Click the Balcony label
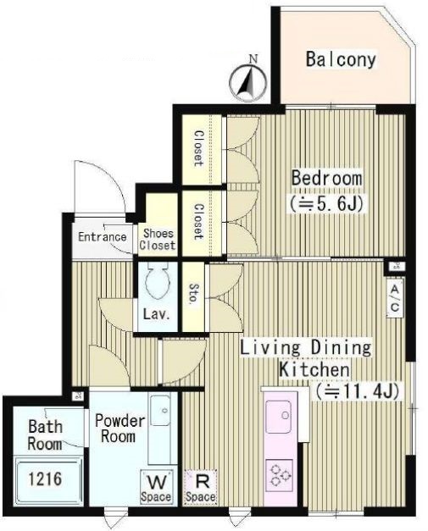341,59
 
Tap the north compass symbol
248,81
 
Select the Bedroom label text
326,179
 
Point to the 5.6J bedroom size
326,203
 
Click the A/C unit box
395,298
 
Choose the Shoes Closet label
158,239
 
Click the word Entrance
102,237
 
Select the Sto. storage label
192,293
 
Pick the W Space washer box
157,487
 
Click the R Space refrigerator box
201,487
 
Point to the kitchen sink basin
279,417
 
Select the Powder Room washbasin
160,411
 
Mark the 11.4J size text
357,392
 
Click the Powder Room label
120,429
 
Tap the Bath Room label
45,435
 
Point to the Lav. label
156,314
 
